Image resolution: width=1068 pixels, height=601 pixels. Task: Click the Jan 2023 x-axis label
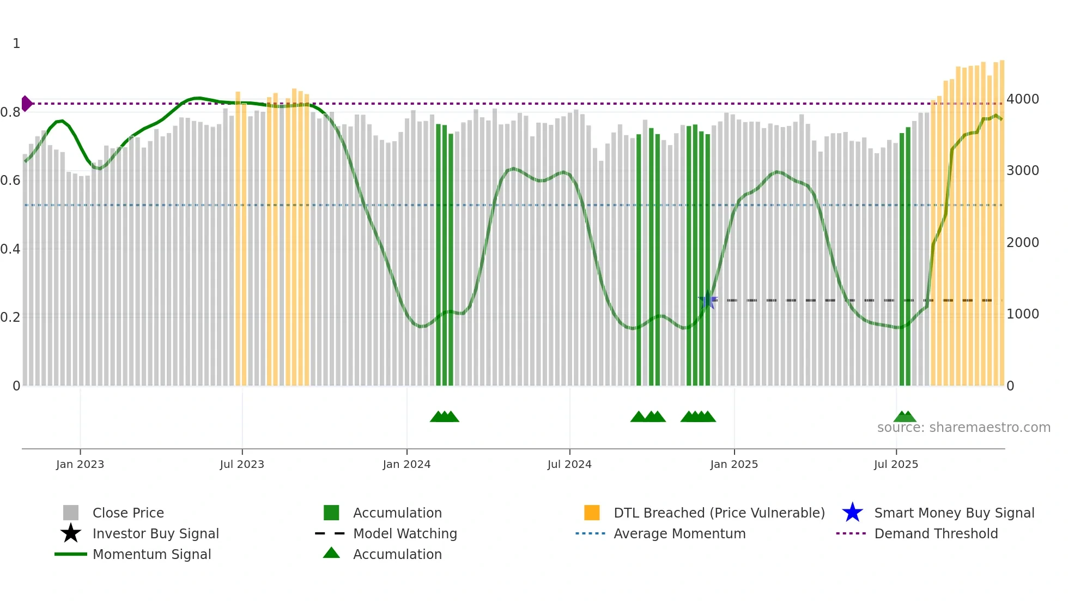point(80,464)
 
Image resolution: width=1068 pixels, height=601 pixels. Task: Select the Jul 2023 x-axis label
point(242,464)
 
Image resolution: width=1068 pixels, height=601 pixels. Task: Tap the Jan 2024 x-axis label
point(406,464)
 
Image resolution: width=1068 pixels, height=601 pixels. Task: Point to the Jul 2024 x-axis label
point(569,464)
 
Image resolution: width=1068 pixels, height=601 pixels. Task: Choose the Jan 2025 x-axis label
point(734,464)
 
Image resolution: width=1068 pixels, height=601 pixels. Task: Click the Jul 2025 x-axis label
point(896,464)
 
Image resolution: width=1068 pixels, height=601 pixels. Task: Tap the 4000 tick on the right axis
point(1023,99)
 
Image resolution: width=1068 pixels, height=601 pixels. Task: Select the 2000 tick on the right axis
point(1023,243)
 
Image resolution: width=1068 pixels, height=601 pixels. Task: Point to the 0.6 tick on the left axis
point(10,181)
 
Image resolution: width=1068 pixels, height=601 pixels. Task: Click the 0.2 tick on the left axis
point(10,317)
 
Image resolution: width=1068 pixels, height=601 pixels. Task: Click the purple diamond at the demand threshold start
point(26,104)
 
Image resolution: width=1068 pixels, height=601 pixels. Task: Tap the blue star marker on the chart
point(708,300)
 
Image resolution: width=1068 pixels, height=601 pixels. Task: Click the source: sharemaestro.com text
point(963,428)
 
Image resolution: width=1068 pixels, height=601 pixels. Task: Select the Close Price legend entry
point(128,513)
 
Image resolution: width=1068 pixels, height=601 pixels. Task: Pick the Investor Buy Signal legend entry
point(155,533)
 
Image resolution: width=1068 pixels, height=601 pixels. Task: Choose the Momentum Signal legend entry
point(151,554)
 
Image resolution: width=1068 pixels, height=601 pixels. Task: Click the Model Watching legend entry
point(405,533)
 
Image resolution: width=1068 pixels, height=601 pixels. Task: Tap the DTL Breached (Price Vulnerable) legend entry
point(719,513)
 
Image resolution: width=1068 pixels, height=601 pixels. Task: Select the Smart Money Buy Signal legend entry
point(954,513)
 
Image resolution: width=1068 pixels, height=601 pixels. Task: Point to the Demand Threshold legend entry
point(936,533)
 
